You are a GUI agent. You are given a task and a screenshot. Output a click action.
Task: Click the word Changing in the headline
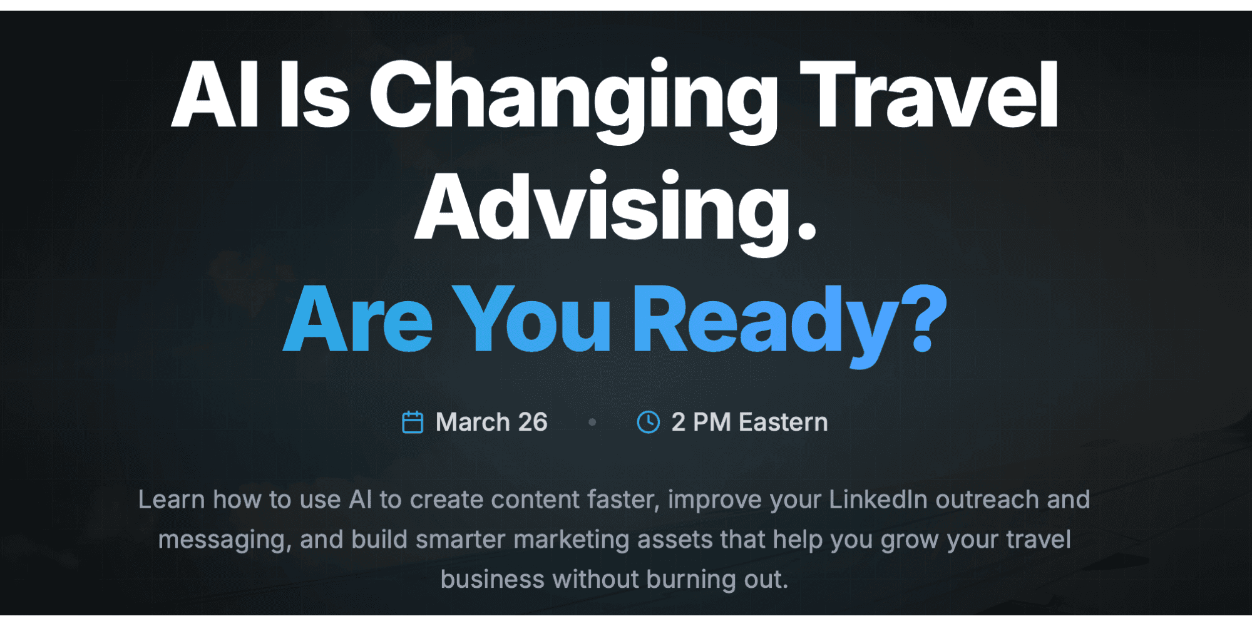click(573, 97)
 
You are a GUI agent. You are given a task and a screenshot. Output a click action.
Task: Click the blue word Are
click(358, 319)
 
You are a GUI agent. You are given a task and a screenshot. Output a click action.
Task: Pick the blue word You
click(532, 319)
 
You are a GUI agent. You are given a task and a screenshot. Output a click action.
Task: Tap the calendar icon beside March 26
click(413, 423)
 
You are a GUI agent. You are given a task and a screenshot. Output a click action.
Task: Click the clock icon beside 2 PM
click(648, 423)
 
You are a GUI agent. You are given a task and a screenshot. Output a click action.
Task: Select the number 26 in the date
click(533, 423)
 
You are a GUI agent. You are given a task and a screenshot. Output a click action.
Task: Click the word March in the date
click(473, 423)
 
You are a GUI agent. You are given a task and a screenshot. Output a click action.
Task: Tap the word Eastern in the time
click(783, 423)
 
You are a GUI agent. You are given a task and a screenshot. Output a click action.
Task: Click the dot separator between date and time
click(592, 423)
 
